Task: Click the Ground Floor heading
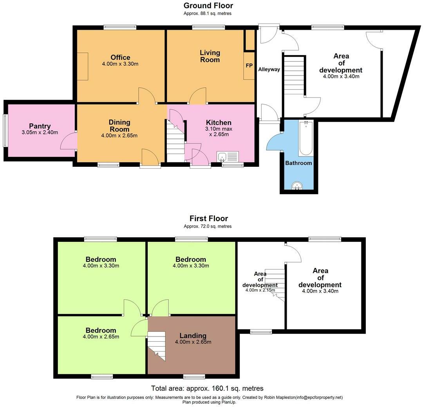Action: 208,5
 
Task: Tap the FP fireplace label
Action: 249,65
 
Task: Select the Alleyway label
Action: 269,69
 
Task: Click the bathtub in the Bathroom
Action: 306,138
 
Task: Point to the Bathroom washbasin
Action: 297,185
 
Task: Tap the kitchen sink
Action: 228,156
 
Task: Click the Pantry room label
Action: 40,126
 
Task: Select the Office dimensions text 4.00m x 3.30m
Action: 120,64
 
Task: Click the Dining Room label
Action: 119,126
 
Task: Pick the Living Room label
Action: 210,56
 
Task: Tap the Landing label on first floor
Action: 193,335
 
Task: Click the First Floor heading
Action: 208,218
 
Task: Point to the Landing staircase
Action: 156,346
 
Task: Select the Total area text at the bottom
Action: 207,388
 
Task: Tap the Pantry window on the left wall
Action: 5,131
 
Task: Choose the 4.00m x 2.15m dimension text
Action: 260,290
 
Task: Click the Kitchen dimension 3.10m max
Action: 219,129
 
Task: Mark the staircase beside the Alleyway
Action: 294,76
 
